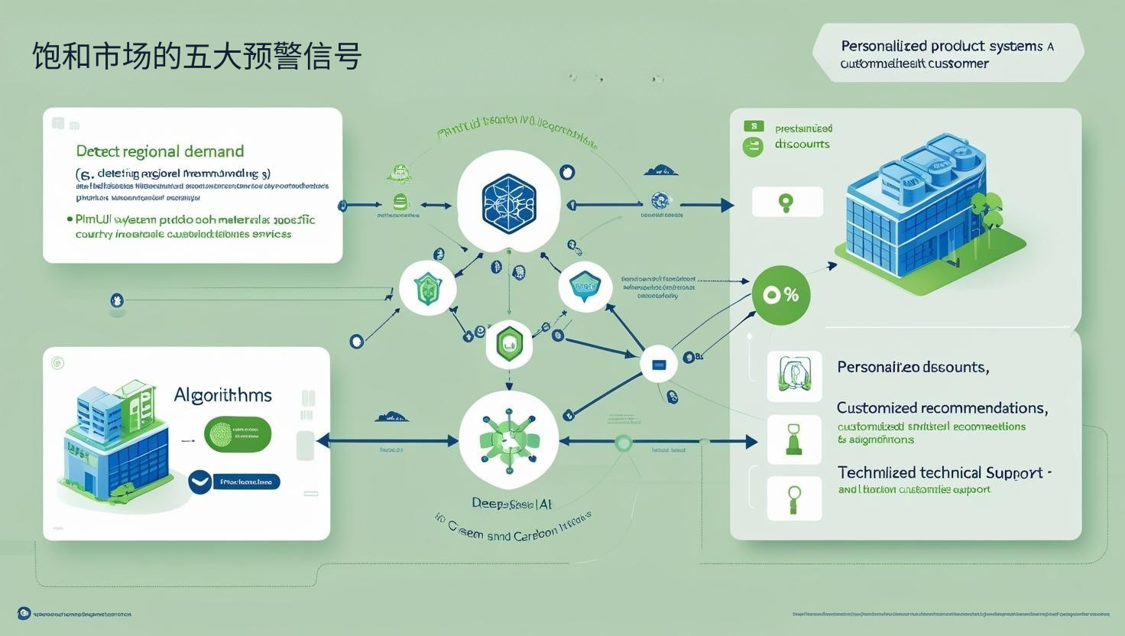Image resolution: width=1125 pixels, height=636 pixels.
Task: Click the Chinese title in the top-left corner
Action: coord(196,57)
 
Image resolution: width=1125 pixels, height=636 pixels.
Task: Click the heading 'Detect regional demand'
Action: coord(160,151)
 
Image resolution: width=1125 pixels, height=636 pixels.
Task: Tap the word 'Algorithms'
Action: coord(222,395)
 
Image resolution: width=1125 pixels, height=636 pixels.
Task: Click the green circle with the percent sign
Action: coord(780,295)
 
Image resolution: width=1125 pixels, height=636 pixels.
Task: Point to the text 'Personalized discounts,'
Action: coord(913,367)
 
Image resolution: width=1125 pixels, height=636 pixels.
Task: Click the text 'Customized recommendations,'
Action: coord(942,408)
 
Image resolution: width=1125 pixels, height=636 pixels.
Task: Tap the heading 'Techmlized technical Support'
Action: coord(940,472)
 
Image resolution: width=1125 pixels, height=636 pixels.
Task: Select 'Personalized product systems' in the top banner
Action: coord(942,46)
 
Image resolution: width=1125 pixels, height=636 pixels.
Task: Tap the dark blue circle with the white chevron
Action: coord(199,482)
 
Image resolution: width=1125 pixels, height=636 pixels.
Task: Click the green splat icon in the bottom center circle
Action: coord(508,440)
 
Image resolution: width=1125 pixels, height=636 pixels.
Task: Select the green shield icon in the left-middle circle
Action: coord(428,288)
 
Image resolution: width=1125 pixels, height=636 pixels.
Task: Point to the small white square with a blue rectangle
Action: coord(658,364)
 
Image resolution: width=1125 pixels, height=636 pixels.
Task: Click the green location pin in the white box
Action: coord(786,203)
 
